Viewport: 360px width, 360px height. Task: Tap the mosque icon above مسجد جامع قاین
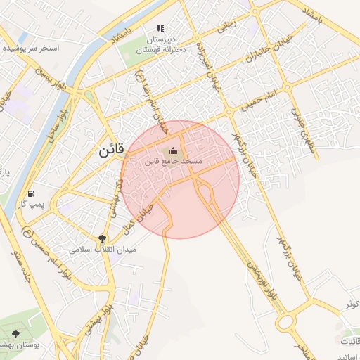173,150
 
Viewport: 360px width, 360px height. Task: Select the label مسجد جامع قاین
173,162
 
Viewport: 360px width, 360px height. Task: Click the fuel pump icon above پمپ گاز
31,193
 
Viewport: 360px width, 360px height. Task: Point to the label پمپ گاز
31,204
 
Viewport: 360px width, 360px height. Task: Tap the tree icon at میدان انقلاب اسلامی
103,239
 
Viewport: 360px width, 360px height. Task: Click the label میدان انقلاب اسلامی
103,250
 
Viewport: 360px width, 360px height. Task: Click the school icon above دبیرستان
160,29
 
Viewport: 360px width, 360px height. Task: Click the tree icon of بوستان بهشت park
16,333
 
